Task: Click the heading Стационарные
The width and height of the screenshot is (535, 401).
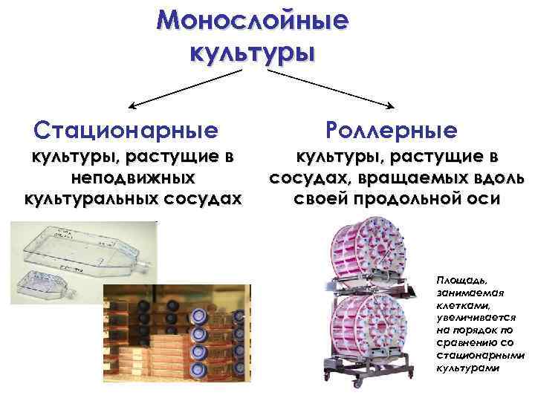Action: [127, 131]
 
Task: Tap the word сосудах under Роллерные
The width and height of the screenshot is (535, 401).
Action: [311, 179]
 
